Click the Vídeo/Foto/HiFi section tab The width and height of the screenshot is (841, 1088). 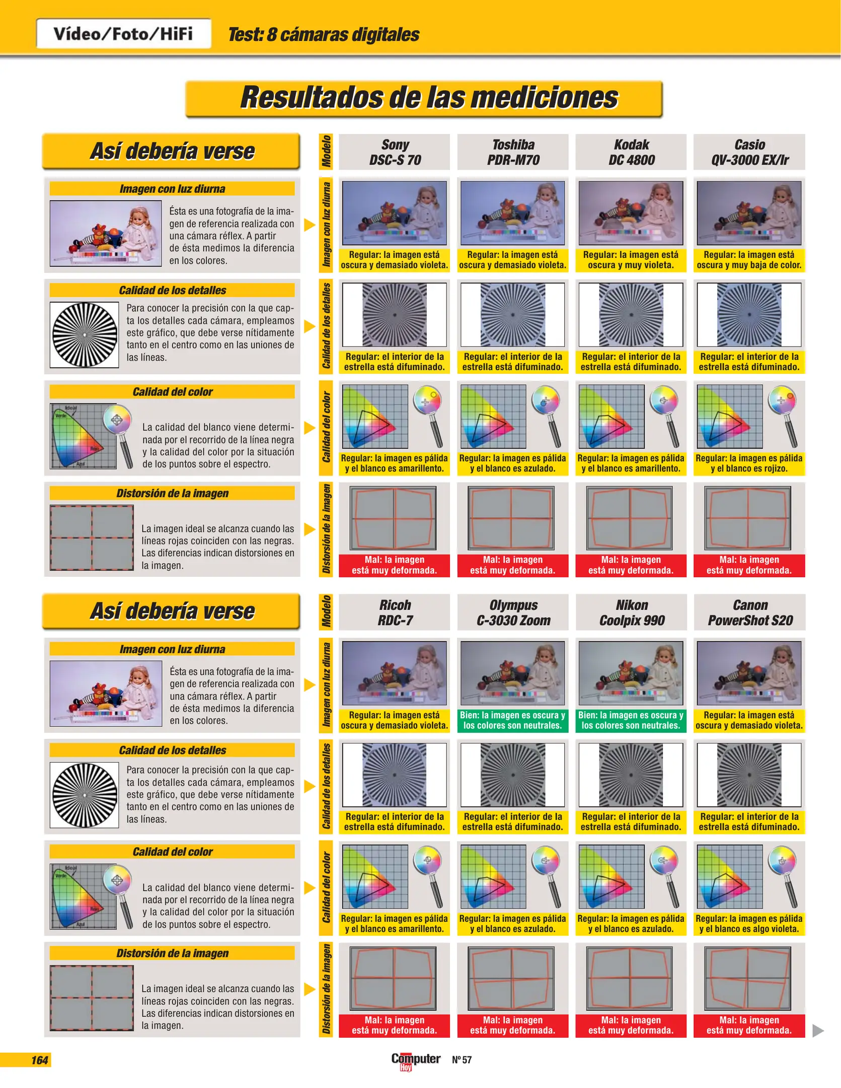pos(123,34)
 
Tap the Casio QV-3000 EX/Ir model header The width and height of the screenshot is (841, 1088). pos(749,152)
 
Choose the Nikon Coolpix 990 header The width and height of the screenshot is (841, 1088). pos(631,613)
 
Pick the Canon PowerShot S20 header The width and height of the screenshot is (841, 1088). pos(749,613)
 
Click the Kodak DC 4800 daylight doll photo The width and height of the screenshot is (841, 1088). pos(631,213)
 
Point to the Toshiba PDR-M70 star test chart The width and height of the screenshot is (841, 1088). pos(512,315)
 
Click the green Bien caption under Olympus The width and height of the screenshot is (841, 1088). pos(512,720)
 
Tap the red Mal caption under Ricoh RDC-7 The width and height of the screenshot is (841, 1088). pos(394,1025)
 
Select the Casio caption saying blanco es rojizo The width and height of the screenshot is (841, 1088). pos(749,463)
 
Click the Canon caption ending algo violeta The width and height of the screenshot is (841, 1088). pos(749,924)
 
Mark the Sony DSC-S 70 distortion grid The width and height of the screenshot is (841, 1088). pos(393,518)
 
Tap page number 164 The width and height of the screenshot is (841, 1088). pos(39,1060)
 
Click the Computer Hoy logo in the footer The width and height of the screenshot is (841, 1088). pos(416,1061)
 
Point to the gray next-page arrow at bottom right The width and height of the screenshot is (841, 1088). pos(818,1031)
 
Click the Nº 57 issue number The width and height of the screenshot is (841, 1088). pos(462,1060)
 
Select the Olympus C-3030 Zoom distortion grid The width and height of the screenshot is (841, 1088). pos(511,979)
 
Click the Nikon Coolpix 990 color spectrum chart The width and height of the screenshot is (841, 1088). pos(611,877)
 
